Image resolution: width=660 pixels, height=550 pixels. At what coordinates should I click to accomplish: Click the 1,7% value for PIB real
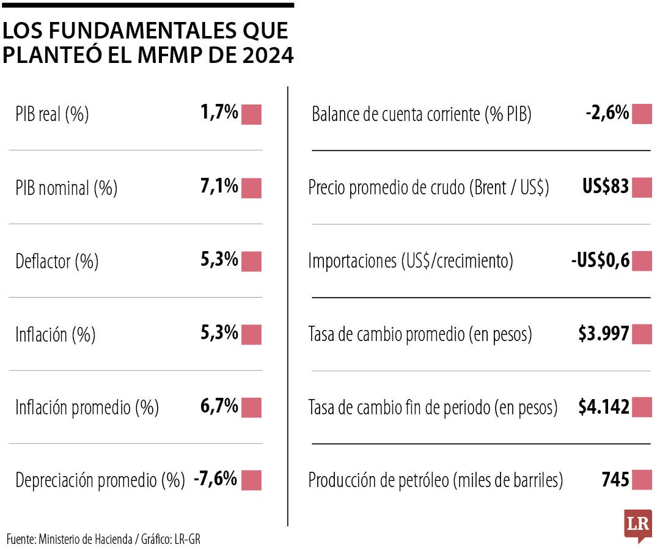219,113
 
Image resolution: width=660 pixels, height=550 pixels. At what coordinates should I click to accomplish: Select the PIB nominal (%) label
66,188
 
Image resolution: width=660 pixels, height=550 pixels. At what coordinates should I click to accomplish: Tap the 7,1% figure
219,186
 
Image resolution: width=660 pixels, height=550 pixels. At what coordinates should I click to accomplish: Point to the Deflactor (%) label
57,262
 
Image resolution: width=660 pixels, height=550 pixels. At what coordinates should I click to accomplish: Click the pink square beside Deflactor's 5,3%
251,261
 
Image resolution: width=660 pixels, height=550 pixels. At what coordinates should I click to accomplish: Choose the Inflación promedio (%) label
87,408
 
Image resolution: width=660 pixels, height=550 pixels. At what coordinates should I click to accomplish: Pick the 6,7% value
219,406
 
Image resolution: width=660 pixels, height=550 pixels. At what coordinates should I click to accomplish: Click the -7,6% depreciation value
215,480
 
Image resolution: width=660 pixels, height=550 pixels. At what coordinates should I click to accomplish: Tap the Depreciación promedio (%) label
100,481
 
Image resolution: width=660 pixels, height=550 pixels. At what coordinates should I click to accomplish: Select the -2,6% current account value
607,113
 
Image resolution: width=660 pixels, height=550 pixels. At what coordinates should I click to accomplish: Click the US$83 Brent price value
606,186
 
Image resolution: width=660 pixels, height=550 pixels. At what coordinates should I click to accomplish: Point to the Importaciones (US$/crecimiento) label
411,262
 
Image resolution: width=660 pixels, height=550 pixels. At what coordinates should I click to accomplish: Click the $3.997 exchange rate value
604,334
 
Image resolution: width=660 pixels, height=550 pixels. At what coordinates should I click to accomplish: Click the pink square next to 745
642,480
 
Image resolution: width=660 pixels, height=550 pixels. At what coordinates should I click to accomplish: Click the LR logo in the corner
638,524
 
